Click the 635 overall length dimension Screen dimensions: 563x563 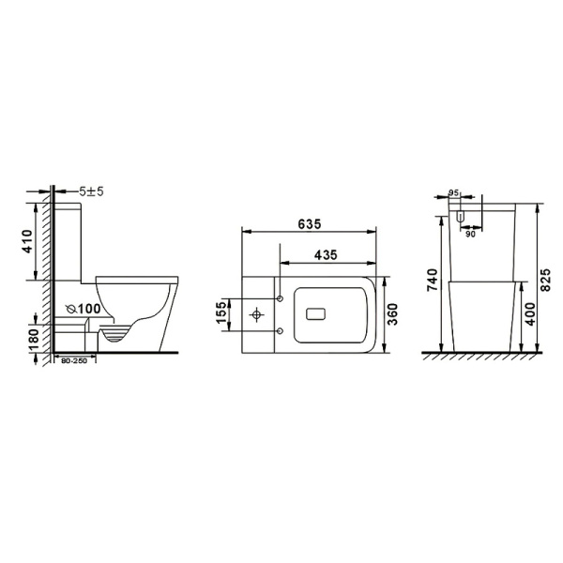point(310,223)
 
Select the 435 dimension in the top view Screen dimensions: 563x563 point(326,254)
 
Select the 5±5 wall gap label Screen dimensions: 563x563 point(91,190)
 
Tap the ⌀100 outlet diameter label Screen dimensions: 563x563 point(84,308)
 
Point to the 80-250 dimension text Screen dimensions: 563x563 point(75,361)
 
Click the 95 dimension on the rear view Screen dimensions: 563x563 point(454,193)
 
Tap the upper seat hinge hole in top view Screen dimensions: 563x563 point(280,299)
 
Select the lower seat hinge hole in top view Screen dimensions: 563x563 point(280,331)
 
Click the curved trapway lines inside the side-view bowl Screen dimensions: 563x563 point(114,334)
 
